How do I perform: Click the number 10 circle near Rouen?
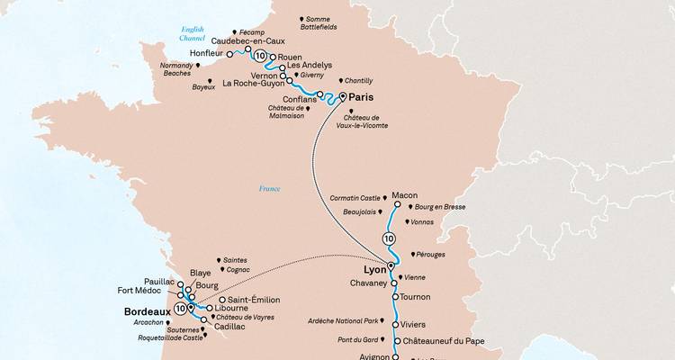click(x=261, y=56)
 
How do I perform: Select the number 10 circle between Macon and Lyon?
click(x=389, y=238)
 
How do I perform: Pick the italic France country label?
click(x=269, y=189)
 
